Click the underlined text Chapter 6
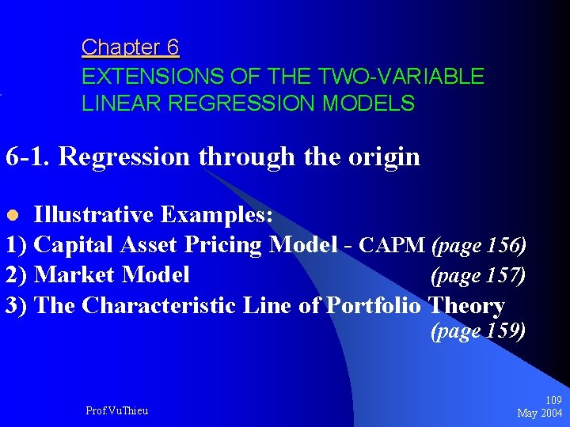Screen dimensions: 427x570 (130, 48)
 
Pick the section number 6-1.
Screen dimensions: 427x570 (28, 157)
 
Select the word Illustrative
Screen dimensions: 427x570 (96, 215)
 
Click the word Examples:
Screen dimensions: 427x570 (218, 215)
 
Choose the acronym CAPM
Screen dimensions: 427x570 (392, 246)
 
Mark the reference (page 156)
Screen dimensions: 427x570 (478, 246)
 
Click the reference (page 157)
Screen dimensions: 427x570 (478, 276)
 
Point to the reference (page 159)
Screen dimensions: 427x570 (478, 331)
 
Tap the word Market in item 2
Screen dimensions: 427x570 (75, 275)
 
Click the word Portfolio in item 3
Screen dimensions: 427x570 (375, 305)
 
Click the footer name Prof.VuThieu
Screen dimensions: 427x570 (116, 410)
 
